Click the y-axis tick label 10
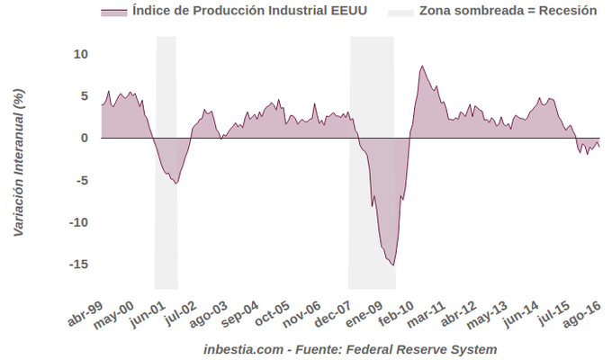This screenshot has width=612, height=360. tap(81, 54)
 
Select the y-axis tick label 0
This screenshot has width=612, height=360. tap(84, 138)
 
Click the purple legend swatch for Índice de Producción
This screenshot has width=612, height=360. tap(112, 13)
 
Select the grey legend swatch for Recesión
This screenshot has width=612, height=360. tap(401, 13)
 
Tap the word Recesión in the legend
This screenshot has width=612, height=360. tap(562, 13)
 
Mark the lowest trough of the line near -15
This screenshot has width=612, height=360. tap(392, 265)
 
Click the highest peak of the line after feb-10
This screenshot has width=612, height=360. tap(421, 66)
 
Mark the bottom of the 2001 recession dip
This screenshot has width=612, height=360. tap(175, 184)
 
